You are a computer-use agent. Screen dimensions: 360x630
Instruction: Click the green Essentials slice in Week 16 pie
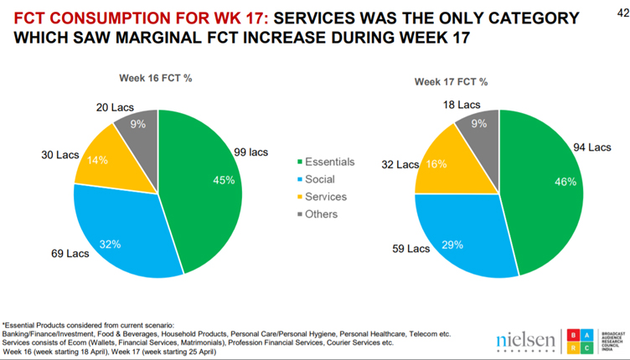tap(205, 188)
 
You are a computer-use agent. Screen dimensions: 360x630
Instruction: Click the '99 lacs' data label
tap(251, 152)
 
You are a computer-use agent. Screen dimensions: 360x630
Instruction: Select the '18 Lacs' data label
tap(462, 105)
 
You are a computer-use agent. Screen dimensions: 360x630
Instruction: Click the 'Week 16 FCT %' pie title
tap(155, 78)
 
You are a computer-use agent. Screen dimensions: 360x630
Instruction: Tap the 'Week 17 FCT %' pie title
tap(451, 82)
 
